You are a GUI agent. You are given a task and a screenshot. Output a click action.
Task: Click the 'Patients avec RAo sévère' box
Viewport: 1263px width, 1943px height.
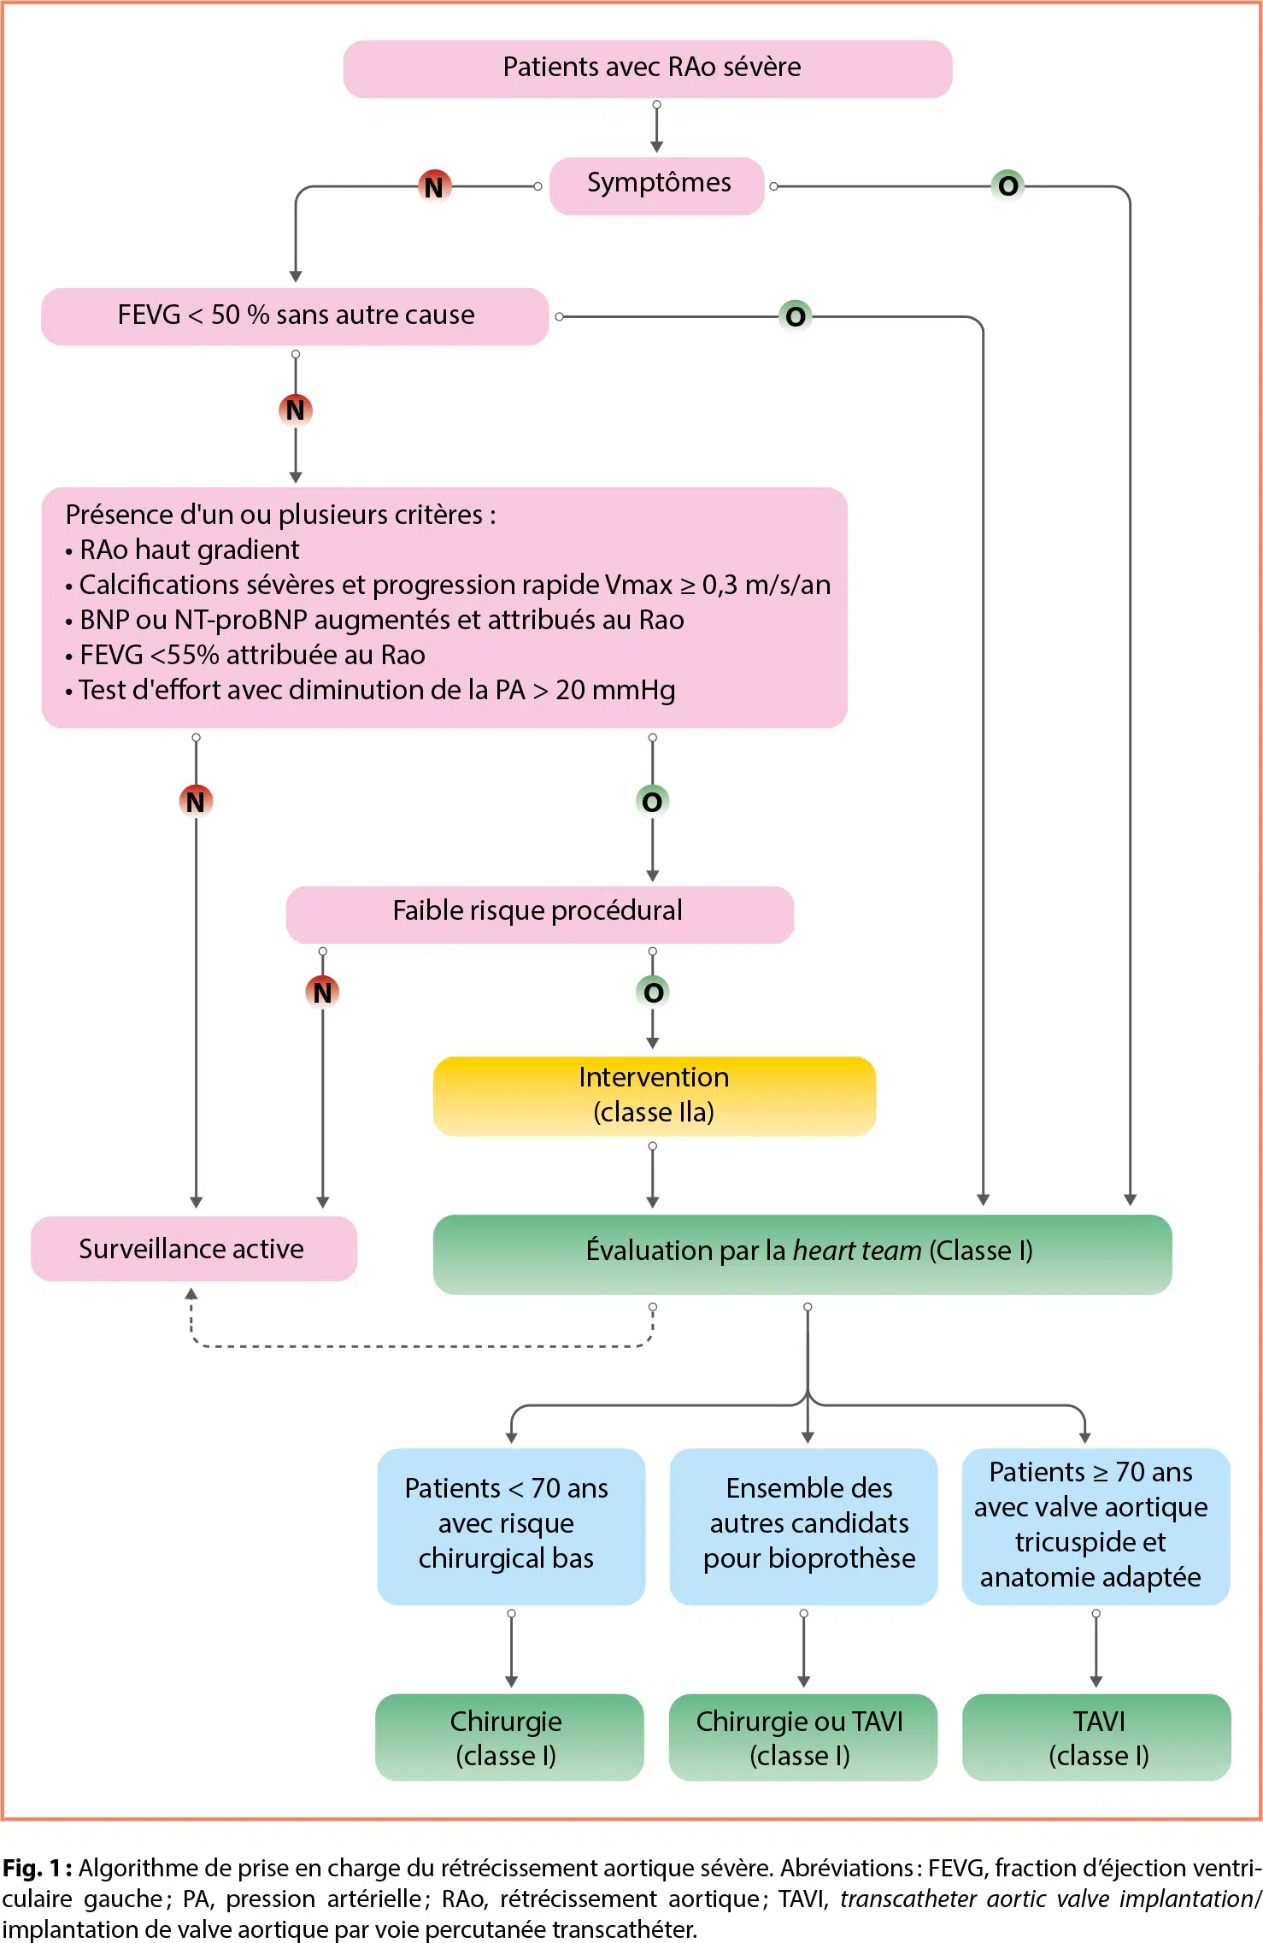pos(648,68)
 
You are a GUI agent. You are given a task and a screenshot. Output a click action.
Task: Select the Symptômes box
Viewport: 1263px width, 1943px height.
pos(656,185)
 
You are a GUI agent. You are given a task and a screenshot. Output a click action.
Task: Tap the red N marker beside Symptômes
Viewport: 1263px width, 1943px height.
pos(434,186)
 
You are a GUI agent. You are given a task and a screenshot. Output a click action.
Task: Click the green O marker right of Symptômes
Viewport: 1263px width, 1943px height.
pos(1008,185)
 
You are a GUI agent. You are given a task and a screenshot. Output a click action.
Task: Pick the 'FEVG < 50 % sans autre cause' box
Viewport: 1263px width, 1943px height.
pos(295,316)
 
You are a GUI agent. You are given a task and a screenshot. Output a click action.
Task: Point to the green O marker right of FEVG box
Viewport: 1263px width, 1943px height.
pos(796,316)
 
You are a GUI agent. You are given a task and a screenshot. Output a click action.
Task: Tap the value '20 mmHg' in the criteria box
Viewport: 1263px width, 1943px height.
pos(615,690)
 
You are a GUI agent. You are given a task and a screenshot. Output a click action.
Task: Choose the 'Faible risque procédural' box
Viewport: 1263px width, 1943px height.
pos(539,913)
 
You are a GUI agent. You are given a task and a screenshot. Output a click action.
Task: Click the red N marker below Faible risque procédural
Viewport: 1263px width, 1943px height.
pos(322,992)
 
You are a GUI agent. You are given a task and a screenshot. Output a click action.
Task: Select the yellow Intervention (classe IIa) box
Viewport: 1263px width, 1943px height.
pos(654,1095)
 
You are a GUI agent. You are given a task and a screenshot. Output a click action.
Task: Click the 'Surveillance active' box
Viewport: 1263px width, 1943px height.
pos(193,1249)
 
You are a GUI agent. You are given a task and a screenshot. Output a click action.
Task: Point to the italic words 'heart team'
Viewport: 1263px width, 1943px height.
pos(857,1251)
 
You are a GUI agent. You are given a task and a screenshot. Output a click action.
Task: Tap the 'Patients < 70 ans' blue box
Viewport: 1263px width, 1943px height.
pos(510,1525)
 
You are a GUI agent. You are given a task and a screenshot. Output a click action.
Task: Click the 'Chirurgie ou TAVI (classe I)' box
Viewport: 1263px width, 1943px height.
pos(802,1737)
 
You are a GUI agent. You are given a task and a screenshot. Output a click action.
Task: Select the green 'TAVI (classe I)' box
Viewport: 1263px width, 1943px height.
pos(1096,1737)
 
